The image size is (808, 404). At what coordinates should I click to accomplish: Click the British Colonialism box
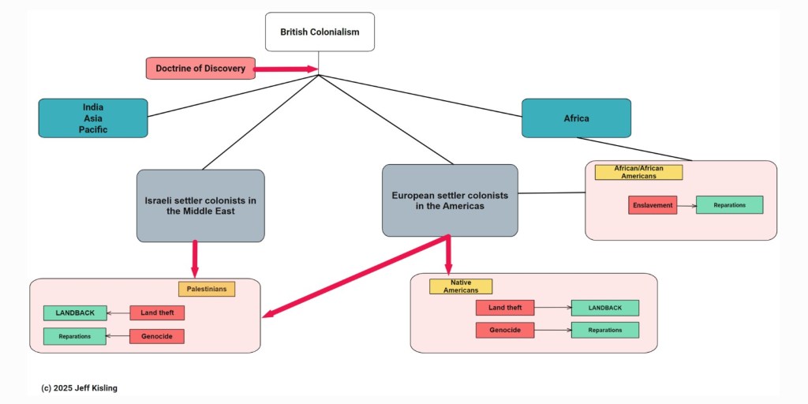pyautogui.click(x=320, y=32)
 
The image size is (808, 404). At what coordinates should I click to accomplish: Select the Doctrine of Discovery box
pyautogui.click(x=200, y=69)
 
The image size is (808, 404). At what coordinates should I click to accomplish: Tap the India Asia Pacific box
pyautogui.click(x=93, y=118)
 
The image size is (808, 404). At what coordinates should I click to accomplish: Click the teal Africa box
pyautogui.click(x=576, y=118)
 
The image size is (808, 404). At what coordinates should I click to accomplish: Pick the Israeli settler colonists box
pyautogui.click(x=200, y=206)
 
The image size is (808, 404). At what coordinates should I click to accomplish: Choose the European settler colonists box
pyautogui.click(x=450, y=200)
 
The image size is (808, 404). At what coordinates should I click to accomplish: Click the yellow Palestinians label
pyautogui.click(x=207, y=289)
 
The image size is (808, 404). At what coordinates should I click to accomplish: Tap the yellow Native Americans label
pyautogui.click(x=461, y=286)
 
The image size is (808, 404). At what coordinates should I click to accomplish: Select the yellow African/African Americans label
pyautogui.click(x=638, y=172)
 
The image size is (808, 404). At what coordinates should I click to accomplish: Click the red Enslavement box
pyautogui.click(x=653, y=205)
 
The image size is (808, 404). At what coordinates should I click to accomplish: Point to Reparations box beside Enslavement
pyautogui.click(x=729, y=205)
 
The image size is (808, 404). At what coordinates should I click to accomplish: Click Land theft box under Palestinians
pyautogui.click(x=157, y=313)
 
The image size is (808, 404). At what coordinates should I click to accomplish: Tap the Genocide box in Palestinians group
pyautogui.click(x=157, y=336)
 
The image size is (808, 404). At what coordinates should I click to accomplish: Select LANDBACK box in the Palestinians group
pyautogui.click(x=75, y=313)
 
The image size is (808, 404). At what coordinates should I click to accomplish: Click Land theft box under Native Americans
pyautogui.click(x=505, y=308)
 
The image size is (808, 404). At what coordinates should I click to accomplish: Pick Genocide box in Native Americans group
pyautogui.click(x=505, y=330)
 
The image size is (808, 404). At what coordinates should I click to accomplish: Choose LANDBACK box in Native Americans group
pyautogui.click(x=604, y=308)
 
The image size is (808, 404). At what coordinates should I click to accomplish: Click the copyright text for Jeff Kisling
pyautogui.click(x=79, y=388)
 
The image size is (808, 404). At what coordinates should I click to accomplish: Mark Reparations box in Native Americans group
pyautogui.click(x=604, y=330)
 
